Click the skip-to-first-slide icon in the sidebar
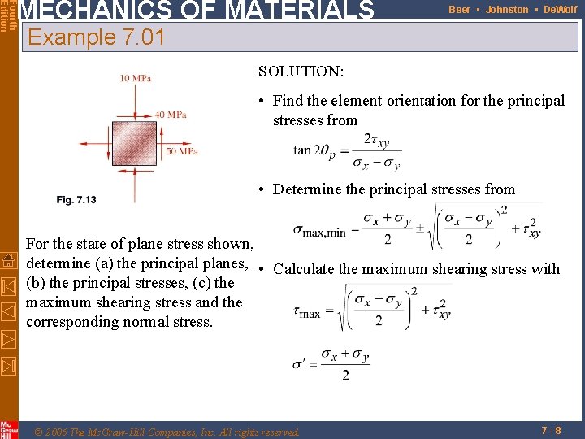point(8,286)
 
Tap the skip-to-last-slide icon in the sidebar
point(8,364)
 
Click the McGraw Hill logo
point(9,428)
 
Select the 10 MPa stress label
point(135,78)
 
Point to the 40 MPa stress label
point(171,115)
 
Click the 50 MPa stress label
point(182,151)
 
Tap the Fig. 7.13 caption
point(76,200)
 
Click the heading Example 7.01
point(96,37)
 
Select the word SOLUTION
point(301,72)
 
